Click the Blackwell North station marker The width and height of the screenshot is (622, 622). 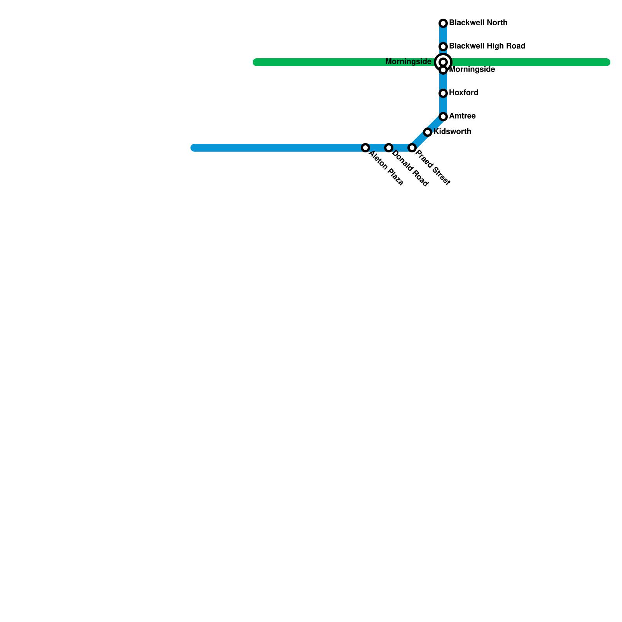pyautogui.click(x=443, y=23)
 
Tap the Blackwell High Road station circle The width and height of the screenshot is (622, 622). pyautogui.click(x=443, y=47)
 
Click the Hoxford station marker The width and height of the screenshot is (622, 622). pyautogui.click(x=443, y=93)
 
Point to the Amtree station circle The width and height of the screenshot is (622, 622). pyautogui.click(x=443, y=117)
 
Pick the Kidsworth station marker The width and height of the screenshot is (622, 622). pyautogui.click(x=428, y=132)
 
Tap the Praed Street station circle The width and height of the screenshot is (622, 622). pyautogui.click(x=412, y=148)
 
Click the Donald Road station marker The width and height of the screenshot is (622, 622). pyautogui.click(x=389, y=148)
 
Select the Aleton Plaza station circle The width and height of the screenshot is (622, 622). pyautogui.click(x=365, y=148)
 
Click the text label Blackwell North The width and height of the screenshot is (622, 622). pyautogui.click(x=478, y=23)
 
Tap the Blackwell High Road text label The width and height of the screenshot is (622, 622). pyautogui.click(x=487, y=46)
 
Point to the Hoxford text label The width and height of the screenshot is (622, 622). pyautogui.click(x=463, y=93)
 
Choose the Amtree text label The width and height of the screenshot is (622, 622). pyautogui.click(x=462, y=116)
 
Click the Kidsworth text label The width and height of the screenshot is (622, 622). pyautogui.click(x=452, y=132)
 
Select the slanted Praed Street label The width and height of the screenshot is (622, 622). pyautogui.click(x=433, y=168)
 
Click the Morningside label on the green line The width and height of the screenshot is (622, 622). pyautogui.click(x=408, y=62)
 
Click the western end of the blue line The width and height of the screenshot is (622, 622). pyautogui.click(x=194, y=148)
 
